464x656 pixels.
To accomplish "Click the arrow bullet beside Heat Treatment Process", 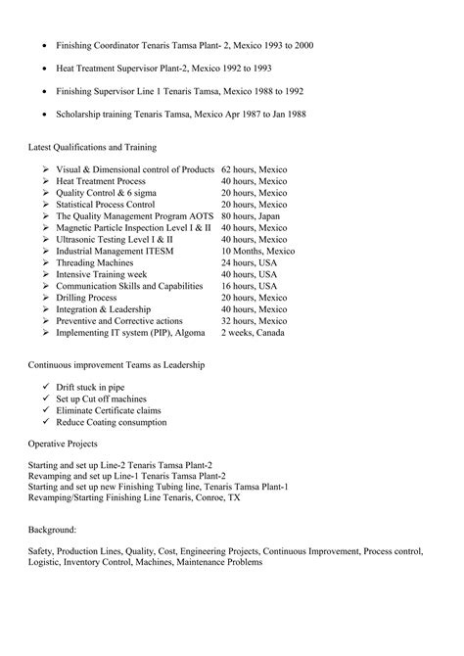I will click(46, 182).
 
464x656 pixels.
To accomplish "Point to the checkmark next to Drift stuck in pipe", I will click(46, 389).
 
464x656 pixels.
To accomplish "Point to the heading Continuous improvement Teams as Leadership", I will click(116, 365).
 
